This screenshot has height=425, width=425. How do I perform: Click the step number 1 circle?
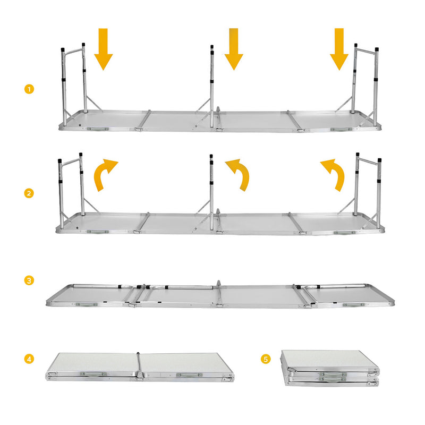point(29,89)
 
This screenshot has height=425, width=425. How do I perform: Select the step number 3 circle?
point(29,280)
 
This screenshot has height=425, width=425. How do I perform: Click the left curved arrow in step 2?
point(105,175)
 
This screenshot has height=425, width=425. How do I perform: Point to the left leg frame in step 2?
point(72,186)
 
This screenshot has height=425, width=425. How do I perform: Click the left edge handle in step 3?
point(87,305)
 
